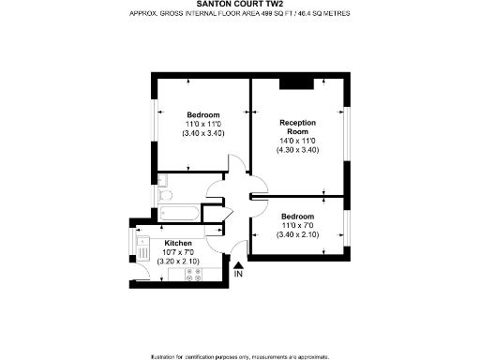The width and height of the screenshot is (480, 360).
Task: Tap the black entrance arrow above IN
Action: coord(238,266)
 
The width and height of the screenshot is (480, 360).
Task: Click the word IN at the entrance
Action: coord(238,275)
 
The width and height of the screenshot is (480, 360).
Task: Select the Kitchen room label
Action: coord(177,242)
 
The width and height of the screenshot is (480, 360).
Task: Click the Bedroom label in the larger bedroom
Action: coord(202,114)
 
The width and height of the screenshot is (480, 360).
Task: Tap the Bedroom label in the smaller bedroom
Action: coord(297,217)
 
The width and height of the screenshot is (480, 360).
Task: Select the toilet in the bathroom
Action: coord(166,195)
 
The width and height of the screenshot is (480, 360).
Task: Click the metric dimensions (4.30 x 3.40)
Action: coord(298,150)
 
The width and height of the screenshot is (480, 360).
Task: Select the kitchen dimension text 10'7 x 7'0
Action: coord(178,251)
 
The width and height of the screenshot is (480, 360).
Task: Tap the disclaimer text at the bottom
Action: coord(239,354)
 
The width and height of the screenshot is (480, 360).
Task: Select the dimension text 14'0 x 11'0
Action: coord(298,141)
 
